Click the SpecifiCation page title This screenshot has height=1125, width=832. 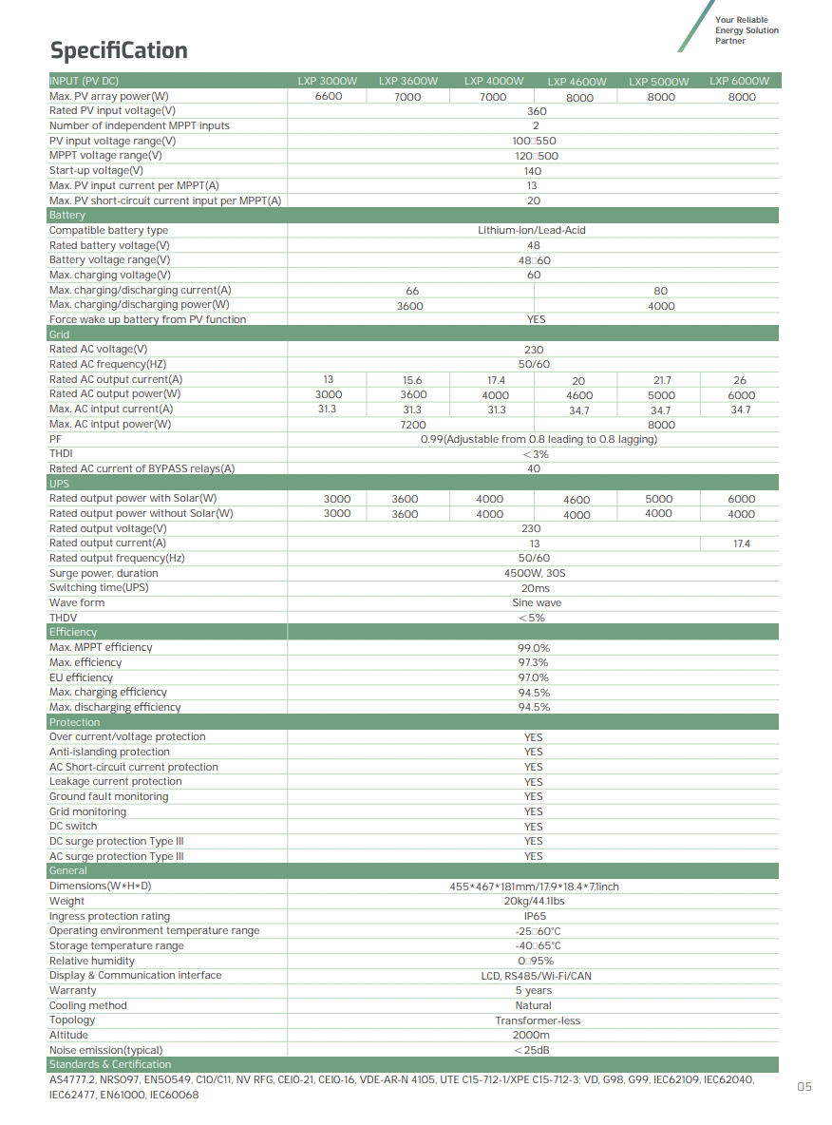coord(119,50)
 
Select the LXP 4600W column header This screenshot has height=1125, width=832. coord(577,82)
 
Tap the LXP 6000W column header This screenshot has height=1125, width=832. coord(739,82)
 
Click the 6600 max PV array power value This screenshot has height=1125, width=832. coord(329,96)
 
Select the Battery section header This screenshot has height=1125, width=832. coord(67,216)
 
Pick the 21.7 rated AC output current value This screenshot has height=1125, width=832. coord(662,380)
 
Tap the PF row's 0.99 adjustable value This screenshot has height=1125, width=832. coord(539,439)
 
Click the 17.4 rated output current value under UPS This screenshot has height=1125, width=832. coord(741,543)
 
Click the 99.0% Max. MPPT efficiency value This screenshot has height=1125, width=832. coord(534,648)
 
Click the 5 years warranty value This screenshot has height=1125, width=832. coord(534,990)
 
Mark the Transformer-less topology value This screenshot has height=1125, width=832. coord(538,1020)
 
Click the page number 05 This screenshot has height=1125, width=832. coord(804,1087)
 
